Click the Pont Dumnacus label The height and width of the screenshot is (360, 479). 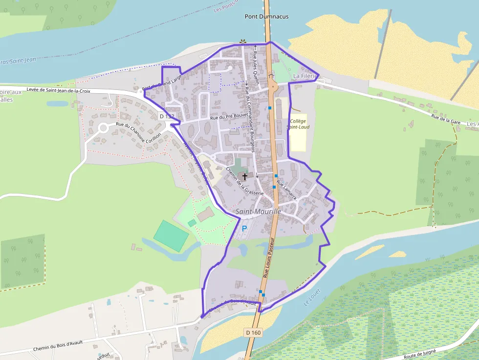point(266,17)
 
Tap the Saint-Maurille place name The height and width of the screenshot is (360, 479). point(258,212)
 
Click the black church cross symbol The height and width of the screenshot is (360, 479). point(244,176)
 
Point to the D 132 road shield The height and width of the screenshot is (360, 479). point(167,116)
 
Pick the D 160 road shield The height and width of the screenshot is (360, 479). point(253,333)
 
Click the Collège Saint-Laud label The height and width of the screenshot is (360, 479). point(298,124)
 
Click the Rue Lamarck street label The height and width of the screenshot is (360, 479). point(286,191)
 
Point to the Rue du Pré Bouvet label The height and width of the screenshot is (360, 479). point(229,117)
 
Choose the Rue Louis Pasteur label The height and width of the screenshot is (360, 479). point(269,259)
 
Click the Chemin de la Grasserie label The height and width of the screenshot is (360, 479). point(244,181)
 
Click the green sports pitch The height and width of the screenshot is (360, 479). point(171,236)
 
